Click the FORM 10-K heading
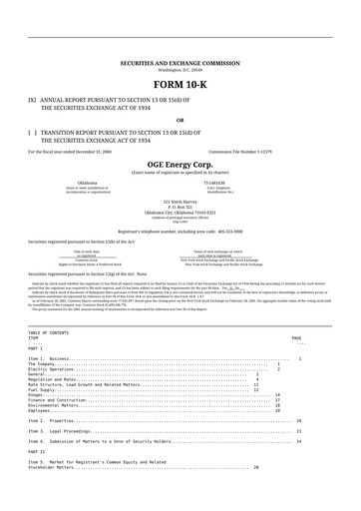click(x=180, y=85)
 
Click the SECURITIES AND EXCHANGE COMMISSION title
click(x=180, y=62)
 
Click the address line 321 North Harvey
click(x=180, y=202)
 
